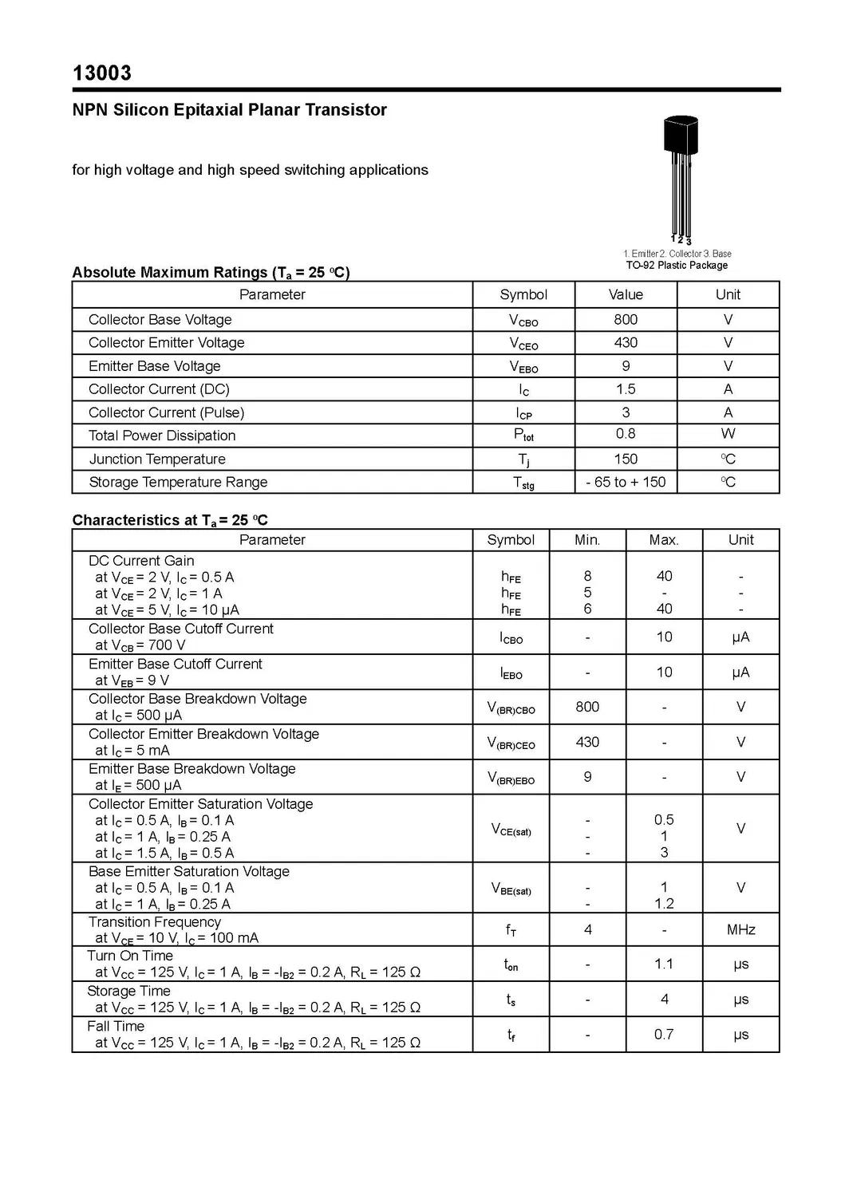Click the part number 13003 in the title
click(x=102, y=73)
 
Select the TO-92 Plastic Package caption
click(x=677, y=266)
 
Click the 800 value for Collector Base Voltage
click(x=626, y=320)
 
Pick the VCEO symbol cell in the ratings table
click(x=523, y=344)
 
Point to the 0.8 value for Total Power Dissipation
click(x=626, y=434)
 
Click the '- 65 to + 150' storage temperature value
click(x=626, y=483)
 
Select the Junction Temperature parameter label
click(x=157, y=459)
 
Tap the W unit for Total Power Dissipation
click(x=728, y=434)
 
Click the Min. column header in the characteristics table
click(x=587, y=540)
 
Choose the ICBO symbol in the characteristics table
click(x=511, y=637)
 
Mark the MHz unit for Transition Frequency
click(x=740, y=930)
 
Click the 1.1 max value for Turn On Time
click(x=664, y=964)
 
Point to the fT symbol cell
click(x=511, y=930)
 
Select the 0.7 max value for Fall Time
click(x=664, y=1035)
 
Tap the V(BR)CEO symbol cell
click(x=511, y=743)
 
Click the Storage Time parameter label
click(x=128, y=992)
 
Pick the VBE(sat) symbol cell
click(x=511, y=889)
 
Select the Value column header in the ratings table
click(x=626, y=295)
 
